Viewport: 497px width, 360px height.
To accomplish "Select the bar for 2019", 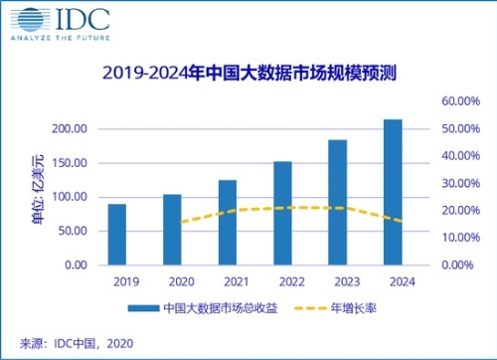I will tap(117, 235).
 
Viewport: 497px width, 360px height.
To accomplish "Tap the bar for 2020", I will tap(172, 230).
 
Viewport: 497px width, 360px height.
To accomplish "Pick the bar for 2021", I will tap(228, 223).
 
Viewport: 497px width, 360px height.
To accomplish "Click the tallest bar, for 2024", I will tap(393, 192).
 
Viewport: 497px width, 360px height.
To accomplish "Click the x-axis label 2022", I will tap(282, 281).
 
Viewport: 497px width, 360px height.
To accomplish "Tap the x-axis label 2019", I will tap(117, 281).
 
